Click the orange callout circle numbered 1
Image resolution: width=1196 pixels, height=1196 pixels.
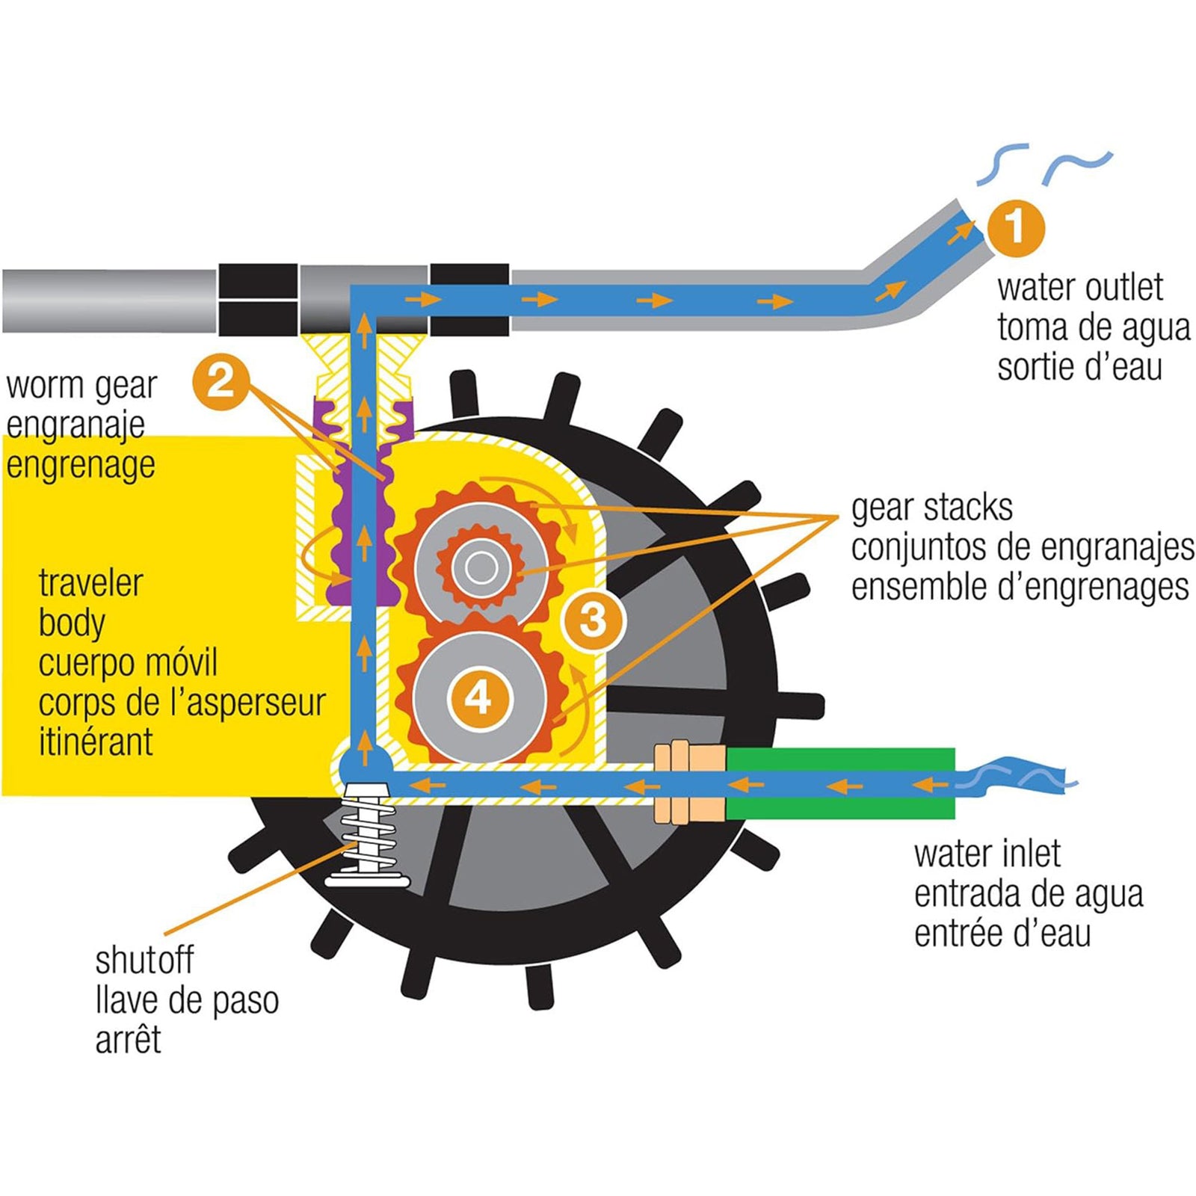click(1015, 226)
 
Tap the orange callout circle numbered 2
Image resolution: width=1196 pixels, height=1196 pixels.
click(221, 381)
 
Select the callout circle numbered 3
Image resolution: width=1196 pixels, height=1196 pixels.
click(593, 620)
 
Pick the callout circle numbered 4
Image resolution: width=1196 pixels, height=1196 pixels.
click(478, 698)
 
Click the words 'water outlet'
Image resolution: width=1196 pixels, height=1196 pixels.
click(1079, 288)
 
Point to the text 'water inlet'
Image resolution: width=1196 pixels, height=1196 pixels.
click(987, 854)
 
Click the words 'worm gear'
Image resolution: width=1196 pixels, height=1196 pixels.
click(81, 386)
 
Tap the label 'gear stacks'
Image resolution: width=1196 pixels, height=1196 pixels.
click(931, 508)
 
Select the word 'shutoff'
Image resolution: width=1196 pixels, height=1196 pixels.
click(144, 961)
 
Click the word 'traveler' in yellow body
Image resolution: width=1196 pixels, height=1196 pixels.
click(90, 583)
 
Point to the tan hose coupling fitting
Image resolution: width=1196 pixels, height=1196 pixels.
click(688, 783)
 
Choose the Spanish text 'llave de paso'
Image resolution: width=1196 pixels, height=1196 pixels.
click(187, 1000)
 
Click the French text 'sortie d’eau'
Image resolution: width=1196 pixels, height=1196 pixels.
click(1079, 367)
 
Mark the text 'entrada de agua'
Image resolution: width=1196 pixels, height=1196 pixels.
click(1029, 894)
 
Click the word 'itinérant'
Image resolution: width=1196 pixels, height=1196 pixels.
click(96, 742)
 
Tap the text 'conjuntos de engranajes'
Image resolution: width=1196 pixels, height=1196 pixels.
click(1022, 548)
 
